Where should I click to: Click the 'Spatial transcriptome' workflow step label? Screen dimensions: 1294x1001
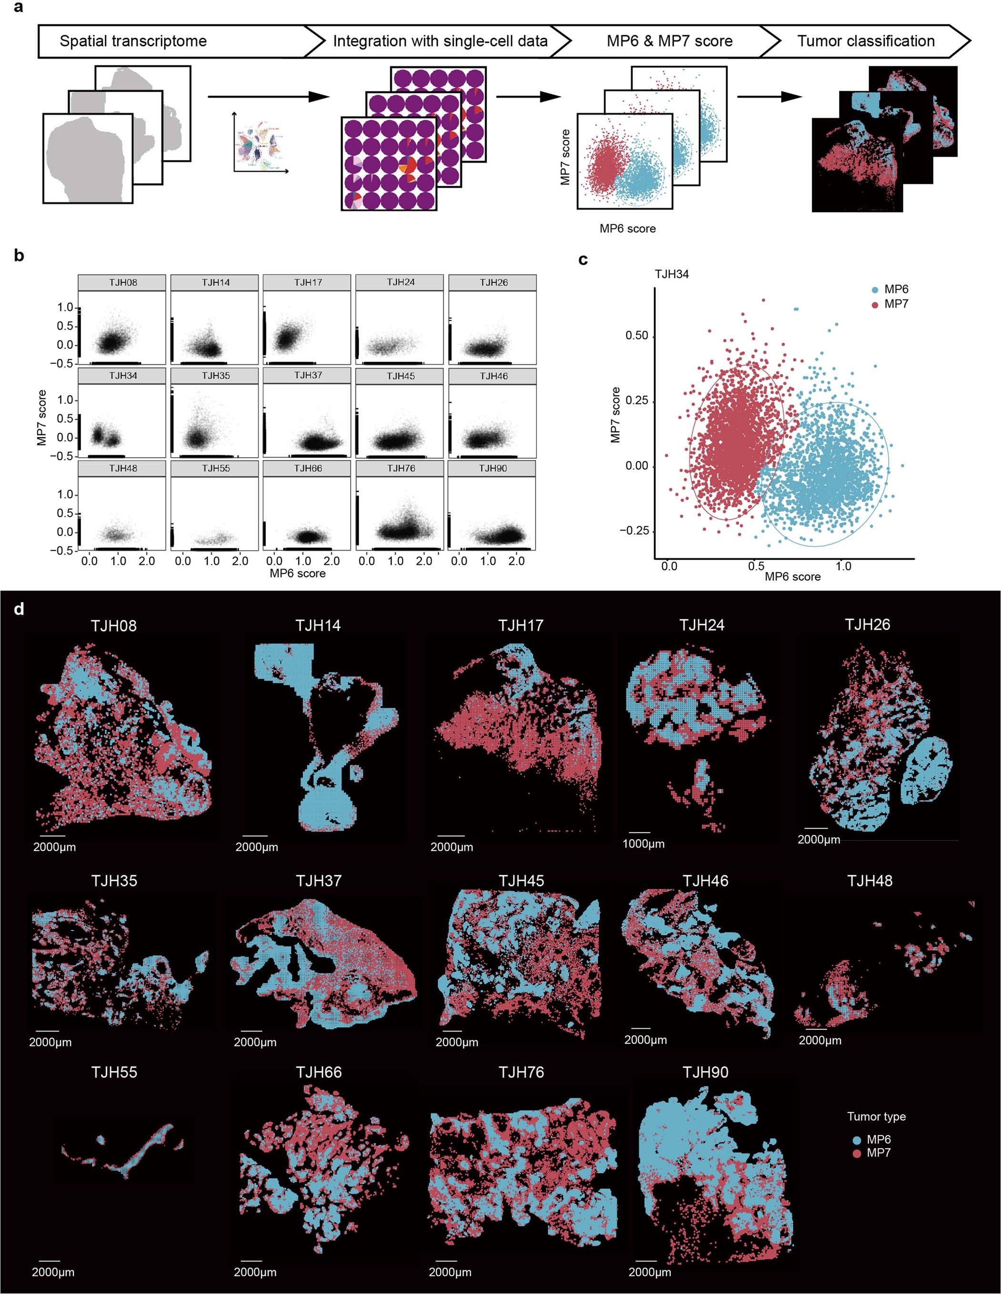click(133, 41)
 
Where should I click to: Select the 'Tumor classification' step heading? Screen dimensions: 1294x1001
click(866, 41)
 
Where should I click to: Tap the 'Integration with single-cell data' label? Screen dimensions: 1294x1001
click(440, 41)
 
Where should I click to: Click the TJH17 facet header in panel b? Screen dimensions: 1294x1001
click(308, 282)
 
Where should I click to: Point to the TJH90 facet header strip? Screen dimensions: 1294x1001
click(493, 468)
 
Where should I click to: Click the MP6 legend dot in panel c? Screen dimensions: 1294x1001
click(875, 290)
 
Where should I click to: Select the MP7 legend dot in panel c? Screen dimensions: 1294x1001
click(875, 304)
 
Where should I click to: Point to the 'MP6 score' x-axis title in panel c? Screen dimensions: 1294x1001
click(792, 576)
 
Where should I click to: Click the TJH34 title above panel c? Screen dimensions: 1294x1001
click(671, 274)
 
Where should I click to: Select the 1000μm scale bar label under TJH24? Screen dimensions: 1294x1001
click(643, 844)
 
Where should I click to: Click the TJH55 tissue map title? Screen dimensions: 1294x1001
click(114, 1073)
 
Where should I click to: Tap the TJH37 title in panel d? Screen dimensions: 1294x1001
click(318, 881)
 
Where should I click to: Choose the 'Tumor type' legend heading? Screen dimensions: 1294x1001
click(876, 1117)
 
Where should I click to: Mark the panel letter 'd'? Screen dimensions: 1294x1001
click(19, 609)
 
